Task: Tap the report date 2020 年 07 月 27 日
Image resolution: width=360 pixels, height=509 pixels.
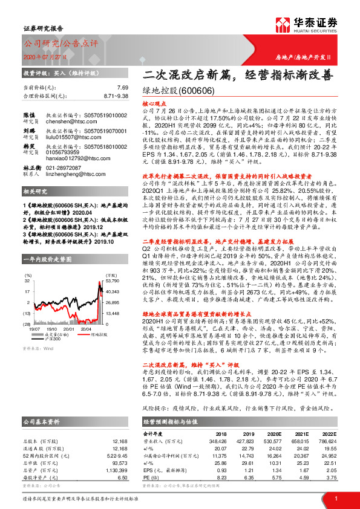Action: click(44, 57)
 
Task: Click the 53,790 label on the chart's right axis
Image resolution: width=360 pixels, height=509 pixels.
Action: click(114, 264)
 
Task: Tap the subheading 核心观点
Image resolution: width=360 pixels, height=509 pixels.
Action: click(155, 104)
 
